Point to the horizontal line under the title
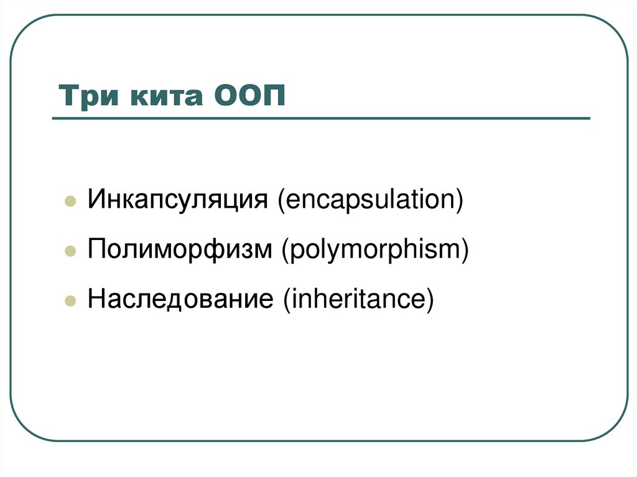(x=320, y=118)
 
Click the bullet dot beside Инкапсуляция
(x=71, y=203)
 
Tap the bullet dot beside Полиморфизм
(x=71, y=251)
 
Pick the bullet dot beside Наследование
(x=71, y=300)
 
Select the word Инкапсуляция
(x=178, y=201)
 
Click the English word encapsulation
(x=371, y=201)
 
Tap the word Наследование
(x=180, y=298)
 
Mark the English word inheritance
(x=357, y=298)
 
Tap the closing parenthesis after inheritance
(x=427, y=299)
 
